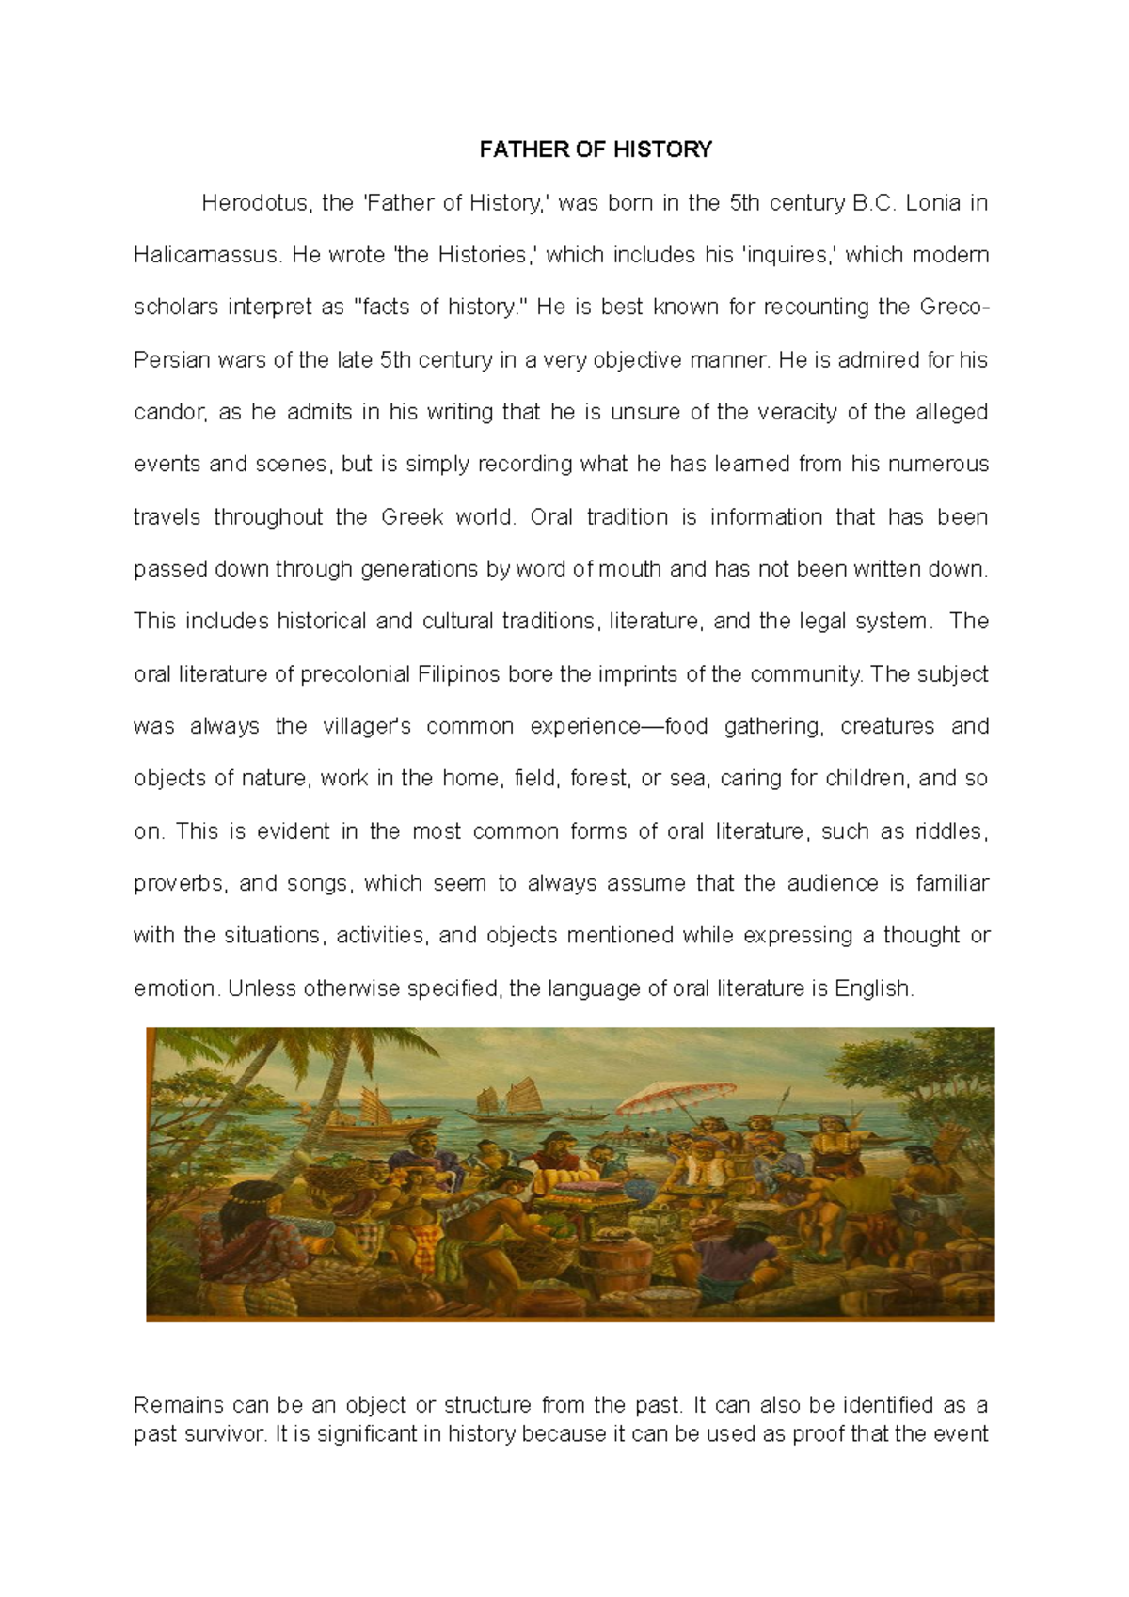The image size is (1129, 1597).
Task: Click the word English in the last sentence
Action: click(872, 988)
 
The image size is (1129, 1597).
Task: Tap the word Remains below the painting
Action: click(178, 1406)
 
